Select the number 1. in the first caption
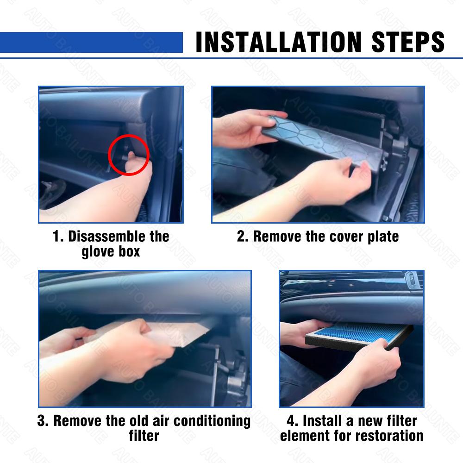click(x=58, y=237)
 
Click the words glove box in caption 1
click(x=111, y=252)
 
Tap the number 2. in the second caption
click(x=243, y=237)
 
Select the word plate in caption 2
click(x=382, y=237)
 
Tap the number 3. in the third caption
click(x=43, y=421)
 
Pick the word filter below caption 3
click(x=144, y=436)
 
